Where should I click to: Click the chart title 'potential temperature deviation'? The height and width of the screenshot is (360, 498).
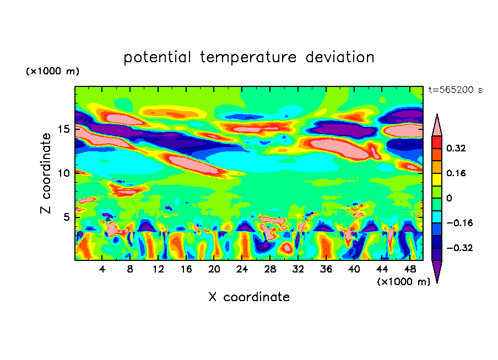(x=249, y=57)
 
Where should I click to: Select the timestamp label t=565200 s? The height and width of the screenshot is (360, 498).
(x=455, y=90)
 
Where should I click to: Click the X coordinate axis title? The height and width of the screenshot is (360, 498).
(x=249, y=297)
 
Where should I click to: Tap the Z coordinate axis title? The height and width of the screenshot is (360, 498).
(x=46, y=173)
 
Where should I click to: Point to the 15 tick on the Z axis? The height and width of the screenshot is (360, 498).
(x=63, y=129)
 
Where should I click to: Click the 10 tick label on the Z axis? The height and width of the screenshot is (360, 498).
(x=63, y=173)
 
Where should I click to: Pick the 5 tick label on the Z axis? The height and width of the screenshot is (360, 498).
(x=66, y=217)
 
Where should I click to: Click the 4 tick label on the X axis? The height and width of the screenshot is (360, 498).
(x=102, y=269)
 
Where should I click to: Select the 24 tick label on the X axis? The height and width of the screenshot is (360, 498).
(x=242, y=269)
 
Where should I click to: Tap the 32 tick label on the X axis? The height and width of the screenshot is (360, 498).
(x=298, y=269)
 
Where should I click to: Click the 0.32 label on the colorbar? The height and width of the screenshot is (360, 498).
(x=457, y=148)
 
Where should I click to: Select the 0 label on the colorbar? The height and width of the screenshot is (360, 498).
(x=449, y=198)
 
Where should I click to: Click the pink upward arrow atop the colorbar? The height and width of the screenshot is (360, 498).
(x=436, y=126)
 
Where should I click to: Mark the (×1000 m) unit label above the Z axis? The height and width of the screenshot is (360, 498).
(x=53, y=72)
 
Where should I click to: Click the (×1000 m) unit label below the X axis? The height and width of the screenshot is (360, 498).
(x=403, y=282)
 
